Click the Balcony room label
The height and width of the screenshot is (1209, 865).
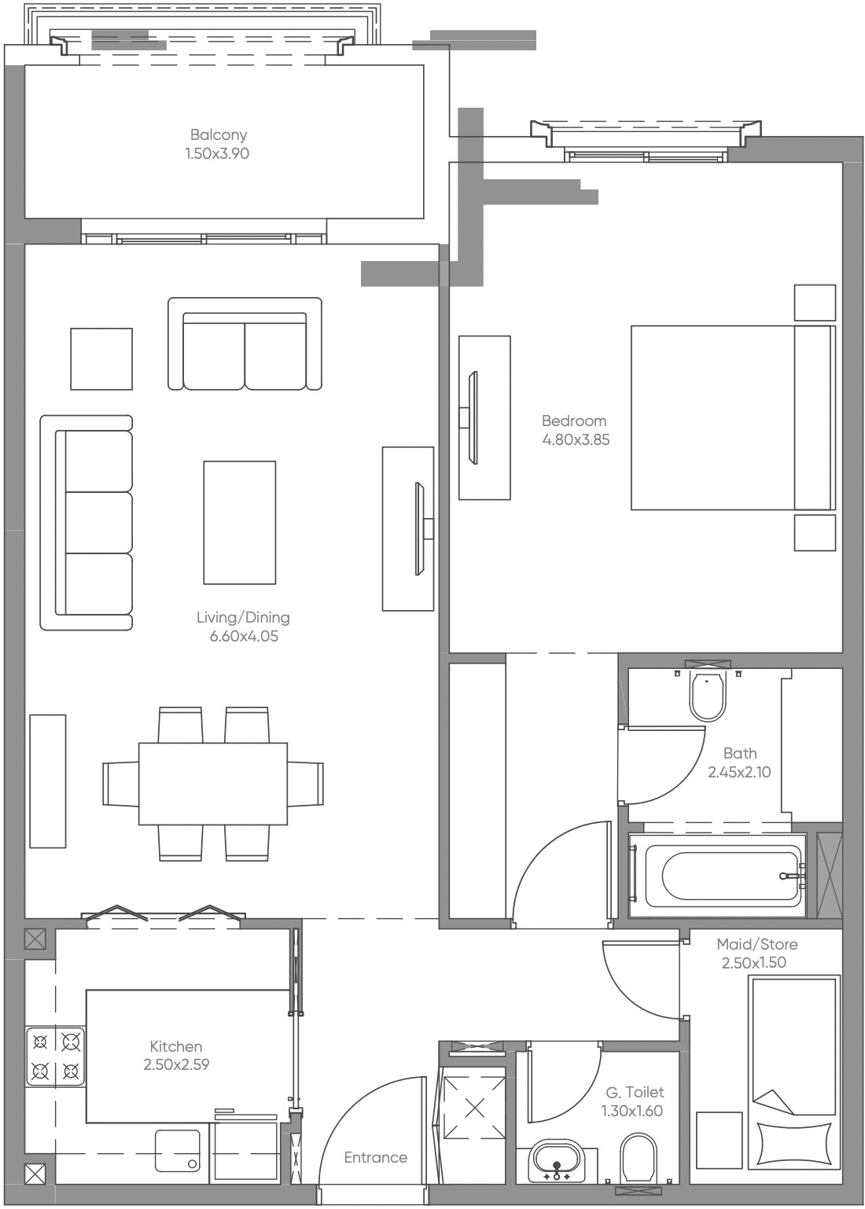(x=218, y=135)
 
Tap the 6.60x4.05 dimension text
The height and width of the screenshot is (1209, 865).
(x=243, y=636)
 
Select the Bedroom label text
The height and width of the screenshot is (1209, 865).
(x=574, y=421)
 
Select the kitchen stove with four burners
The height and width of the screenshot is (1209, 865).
(x=55, y=1056)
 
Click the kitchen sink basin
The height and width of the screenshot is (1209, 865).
(x=178, y=1151)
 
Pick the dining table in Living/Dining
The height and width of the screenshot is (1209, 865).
(x=213, y=783)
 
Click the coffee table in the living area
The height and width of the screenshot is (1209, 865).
(x=239, y=523)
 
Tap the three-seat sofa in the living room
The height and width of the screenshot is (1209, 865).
(x=87, y=523)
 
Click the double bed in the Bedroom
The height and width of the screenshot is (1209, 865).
(x=731, y=418)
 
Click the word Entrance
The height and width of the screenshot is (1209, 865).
(x=376, y=1157)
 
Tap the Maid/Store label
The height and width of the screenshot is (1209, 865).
(x=756, y=944)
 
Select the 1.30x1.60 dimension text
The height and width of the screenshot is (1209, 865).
(x=631, y=1111)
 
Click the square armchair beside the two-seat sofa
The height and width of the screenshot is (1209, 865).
(x=101, y=359)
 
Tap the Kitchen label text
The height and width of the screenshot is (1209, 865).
(x=176, y=1046)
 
